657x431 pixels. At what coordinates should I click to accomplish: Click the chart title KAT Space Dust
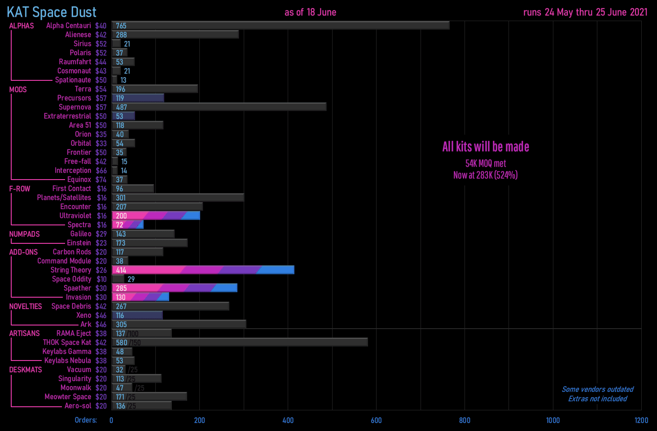pos(52,12)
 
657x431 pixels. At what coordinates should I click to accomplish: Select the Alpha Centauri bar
pos(280,26)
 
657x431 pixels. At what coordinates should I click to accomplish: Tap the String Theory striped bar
pos(203,270)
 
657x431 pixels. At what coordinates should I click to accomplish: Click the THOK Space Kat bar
pos(240,343)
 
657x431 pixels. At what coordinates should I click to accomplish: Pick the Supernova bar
pos(219,107)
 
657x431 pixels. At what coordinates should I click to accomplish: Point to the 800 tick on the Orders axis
pos(464,420)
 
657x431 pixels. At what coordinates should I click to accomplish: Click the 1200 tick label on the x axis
pos(641,420)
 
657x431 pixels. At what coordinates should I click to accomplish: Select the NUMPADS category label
pos(24,234)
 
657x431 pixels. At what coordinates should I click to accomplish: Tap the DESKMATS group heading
pos(26,369)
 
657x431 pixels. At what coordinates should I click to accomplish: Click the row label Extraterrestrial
pos(67,116)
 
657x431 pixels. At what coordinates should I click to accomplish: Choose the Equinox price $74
pos(101,180)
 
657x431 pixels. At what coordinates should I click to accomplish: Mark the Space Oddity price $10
pos(101,279)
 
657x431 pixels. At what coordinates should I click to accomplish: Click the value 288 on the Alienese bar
pos(121,35)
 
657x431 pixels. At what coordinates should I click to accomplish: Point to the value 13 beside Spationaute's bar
pos(123,80)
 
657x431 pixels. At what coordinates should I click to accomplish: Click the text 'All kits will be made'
pos(486,147)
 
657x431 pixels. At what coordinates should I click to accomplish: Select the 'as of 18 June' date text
pos(310,12)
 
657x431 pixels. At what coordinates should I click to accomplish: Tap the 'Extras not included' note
pos(597,399)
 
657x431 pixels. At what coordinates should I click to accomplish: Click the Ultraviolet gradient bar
pos(156,215)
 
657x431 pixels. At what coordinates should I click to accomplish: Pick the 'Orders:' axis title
pos(86,420)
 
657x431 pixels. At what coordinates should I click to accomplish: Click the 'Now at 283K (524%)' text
pos(485,175)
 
